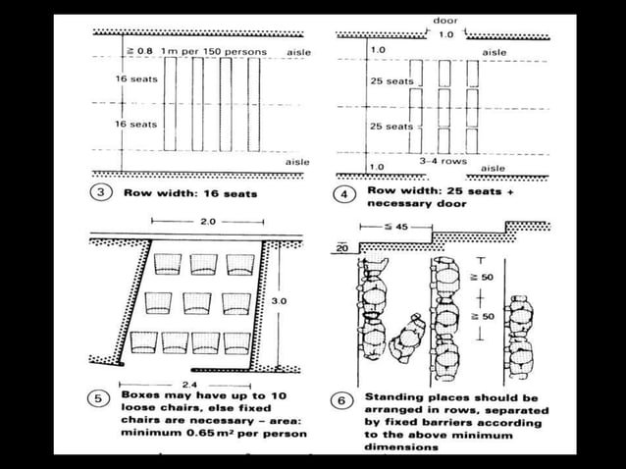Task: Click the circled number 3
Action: [x=100, y=192]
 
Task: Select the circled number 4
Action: [x=343, y=194]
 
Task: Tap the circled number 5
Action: [x=100, y=399]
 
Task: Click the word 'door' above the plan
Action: [x=444, y=20]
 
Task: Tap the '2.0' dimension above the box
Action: [x=207, y=222]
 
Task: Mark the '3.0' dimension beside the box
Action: [x=278, y=301]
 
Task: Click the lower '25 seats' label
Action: [x=391, y=127]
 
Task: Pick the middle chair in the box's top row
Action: [x=203, y=263]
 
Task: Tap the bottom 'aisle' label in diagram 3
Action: [x=296, y=162]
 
